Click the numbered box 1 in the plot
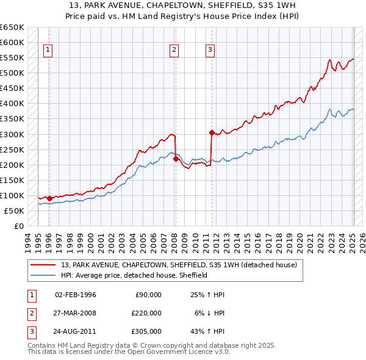tap(48, 51)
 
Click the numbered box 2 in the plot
tap(174, 51)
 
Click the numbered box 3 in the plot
tap(210, 51)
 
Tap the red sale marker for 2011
tap(212, 132)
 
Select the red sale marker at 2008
tap(176, 159)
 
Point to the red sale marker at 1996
tap(49, 198)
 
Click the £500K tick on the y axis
tap(12, 73)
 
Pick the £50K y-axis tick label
tap(13, 211)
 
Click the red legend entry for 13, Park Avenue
tap(178, 265)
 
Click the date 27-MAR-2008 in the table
tap(76, 313)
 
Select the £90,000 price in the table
tap(148, 295)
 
